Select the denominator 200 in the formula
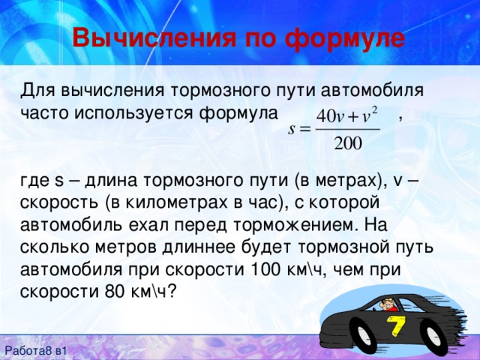click(346, 144)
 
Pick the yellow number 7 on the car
click(394, 325)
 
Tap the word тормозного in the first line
click(224, 91)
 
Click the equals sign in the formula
click(304, 130)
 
